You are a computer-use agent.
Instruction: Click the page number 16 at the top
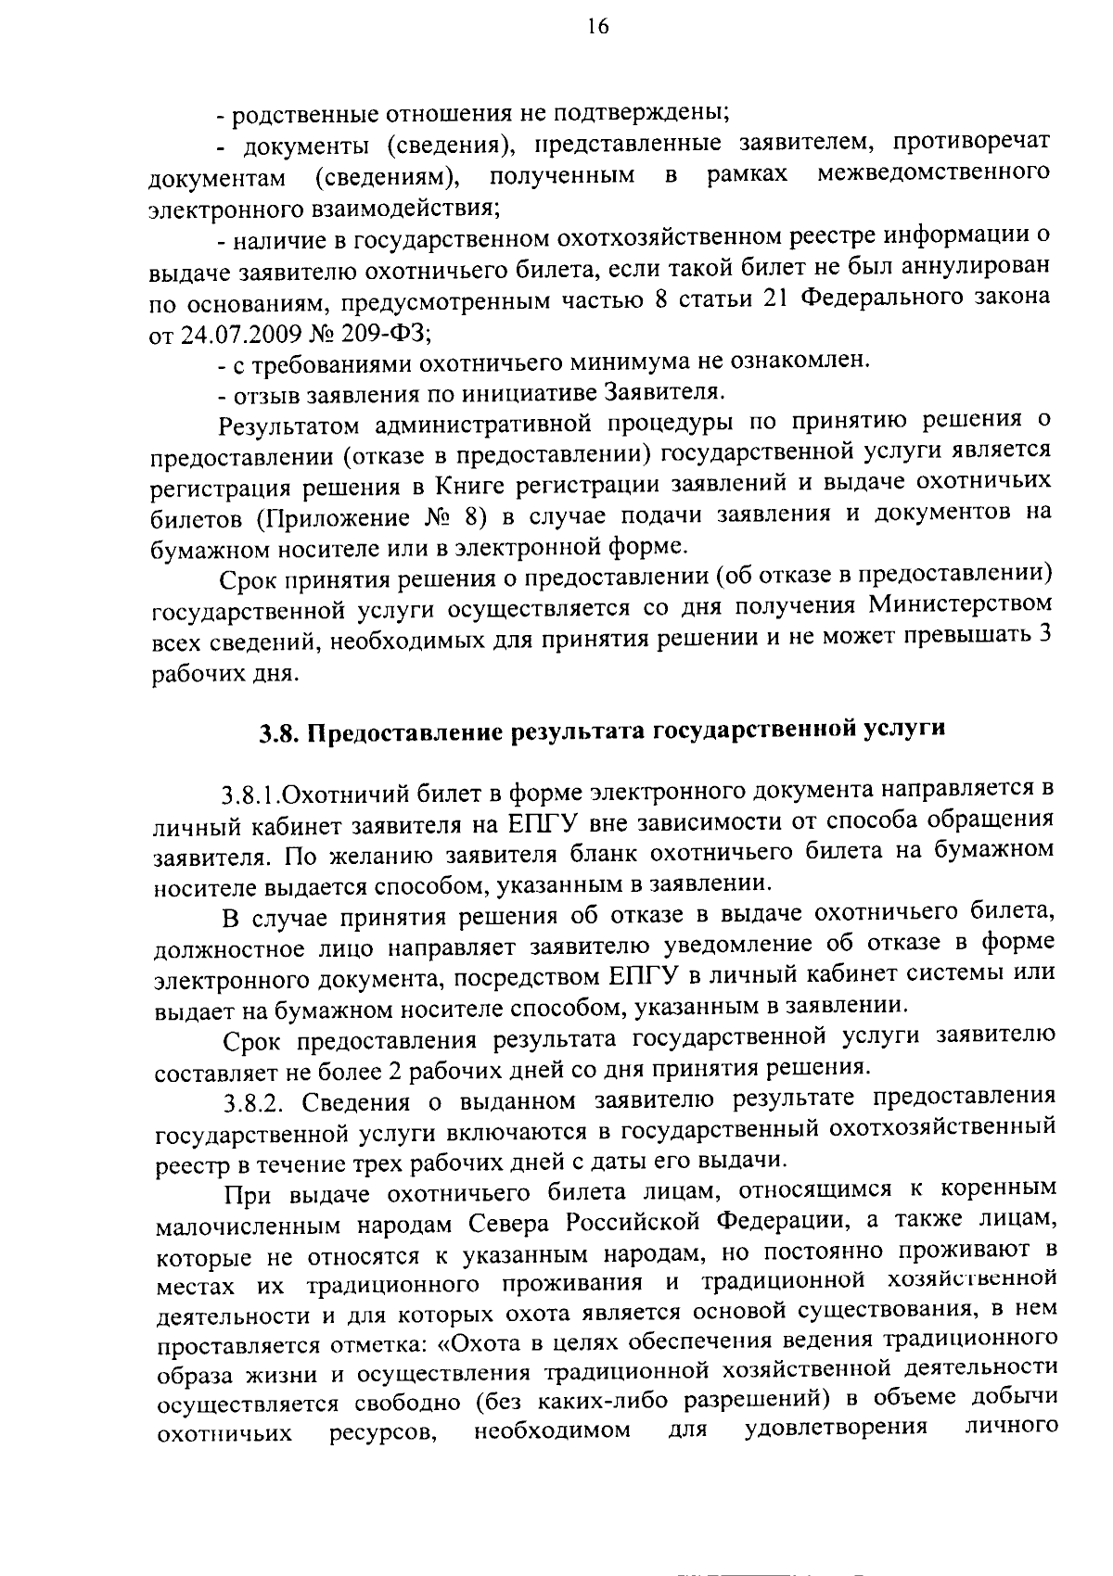click(597, 28)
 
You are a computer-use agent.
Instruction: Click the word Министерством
click(961, 604)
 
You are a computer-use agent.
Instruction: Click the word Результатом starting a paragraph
click(287, 425)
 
